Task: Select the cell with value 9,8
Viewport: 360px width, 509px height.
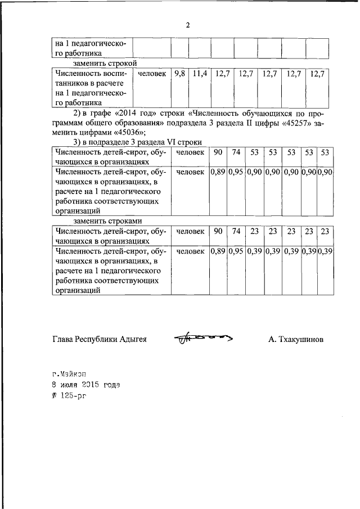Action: (x=179, y=74)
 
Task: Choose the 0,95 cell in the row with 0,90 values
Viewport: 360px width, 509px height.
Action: (x=236, y=172)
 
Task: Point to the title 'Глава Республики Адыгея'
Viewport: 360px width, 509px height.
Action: (x=99, y=340)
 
